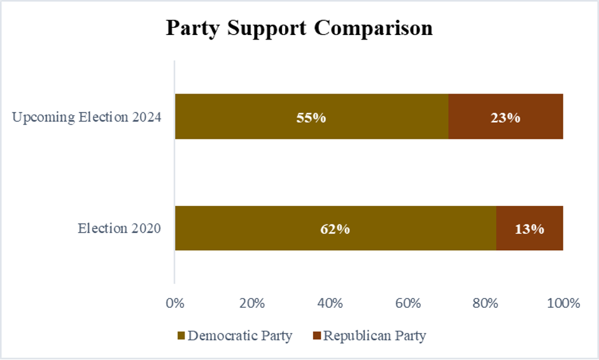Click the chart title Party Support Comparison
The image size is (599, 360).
tap(299, 29)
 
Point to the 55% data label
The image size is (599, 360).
tap(311, 118)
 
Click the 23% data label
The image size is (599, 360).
tap(505, 118)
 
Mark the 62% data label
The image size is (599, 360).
tap(335, 229)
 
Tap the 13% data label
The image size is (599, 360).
tap(529, 229)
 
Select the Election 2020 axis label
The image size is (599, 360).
tap(119, 228)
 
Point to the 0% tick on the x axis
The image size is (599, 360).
tap(174, 303)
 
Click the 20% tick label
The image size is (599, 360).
tap(252, 303)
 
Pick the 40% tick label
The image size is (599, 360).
tap(330, 303)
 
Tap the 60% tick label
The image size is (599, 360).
tap(407, 303)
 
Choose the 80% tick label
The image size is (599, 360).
tap(485, 303)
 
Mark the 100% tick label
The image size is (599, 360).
tap(563, 303)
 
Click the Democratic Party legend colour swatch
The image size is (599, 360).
tap(181, 336)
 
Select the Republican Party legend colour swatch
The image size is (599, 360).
tap(317, 336)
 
